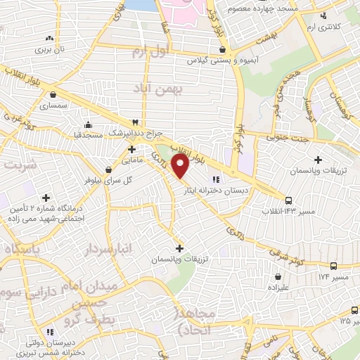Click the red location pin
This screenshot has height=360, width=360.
[x=181, y=166]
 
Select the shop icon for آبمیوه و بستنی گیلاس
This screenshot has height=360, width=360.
[x=223, y=50]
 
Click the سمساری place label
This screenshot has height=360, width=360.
[x=53, y=105]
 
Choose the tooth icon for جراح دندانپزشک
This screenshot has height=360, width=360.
[x=136, y=122]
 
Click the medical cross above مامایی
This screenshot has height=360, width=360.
[x=131, y=149]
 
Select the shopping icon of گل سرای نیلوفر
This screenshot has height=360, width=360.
[x=108, y=169]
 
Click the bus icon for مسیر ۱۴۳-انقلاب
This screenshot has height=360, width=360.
[x=289, y=200]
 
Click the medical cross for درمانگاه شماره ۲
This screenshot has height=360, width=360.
[x=46, y=198]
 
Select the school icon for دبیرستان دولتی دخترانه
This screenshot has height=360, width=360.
[x=49, y=331]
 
